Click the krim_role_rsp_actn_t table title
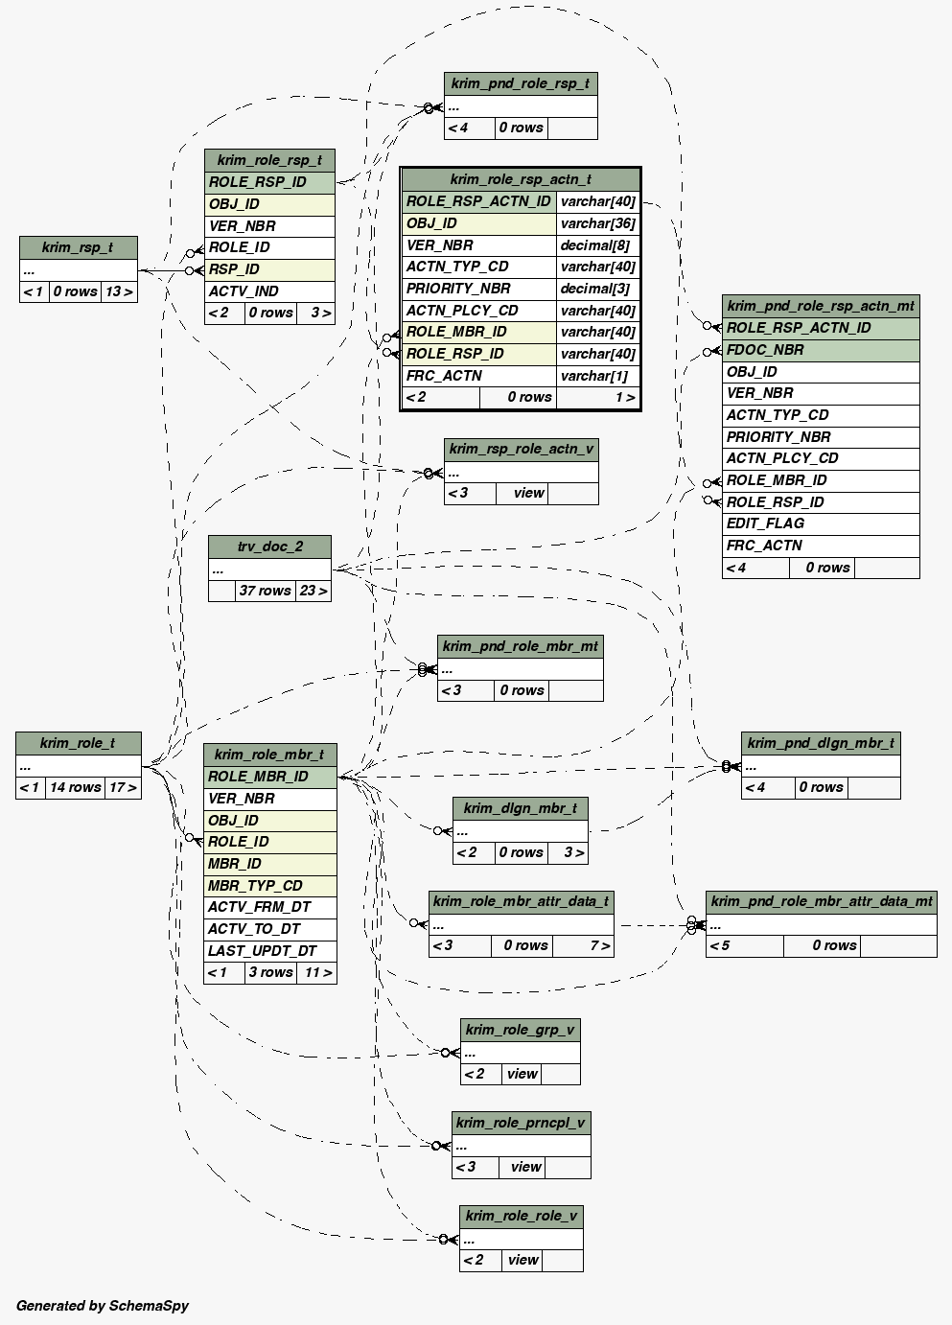(x=520, y=179)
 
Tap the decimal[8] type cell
(x=595, y=245)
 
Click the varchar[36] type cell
(x=597, y=223)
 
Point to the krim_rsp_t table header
(x=78, y=247)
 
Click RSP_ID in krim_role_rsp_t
(x=235, y=269)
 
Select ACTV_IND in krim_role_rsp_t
(x=244, y=291)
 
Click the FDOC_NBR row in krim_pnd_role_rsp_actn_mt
(x=765, y=350)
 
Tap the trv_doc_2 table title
(x=269, y=546)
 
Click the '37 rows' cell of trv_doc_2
(x=265, y=591)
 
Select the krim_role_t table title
(x=78, y=743)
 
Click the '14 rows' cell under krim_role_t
(x=75, y=787)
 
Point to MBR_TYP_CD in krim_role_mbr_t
(x=255, y=886)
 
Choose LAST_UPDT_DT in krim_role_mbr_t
(x=262, y=951)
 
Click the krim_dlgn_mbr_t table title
(x=520, y=808)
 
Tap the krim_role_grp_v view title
(x=520, y=1030)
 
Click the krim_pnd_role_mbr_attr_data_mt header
(x=821, y=901)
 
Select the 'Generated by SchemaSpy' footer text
(x=103, y=1306)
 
